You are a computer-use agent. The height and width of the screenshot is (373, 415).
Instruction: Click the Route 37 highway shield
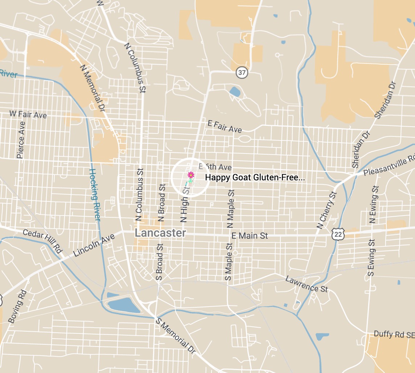pyautogui.click(x=242, y=73)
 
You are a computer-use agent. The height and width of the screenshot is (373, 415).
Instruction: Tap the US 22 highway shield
pyautogui.click(x=338, y=234)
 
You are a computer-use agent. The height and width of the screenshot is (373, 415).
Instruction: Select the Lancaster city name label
pyautogui.click(x=160, y=233)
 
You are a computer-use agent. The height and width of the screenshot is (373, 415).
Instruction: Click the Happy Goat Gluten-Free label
pyautogui.click(x=255, y=177)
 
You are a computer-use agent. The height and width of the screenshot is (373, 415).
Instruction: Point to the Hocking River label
pyautogui.click(x=95, y=195)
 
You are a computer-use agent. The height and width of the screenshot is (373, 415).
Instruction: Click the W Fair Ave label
pyautogui.click(x=28, y=114)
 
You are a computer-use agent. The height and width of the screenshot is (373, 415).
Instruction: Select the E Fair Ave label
pyautogui.click(x=225, y=126)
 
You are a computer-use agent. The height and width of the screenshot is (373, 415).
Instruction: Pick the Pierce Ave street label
pyautogui.click(x=21, y=140)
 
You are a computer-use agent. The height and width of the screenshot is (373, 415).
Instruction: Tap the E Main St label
pyautogui.click(x=250, y=236)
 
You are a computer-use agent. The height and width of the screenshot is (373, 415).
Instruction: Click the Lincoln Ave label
pyautogui.click(x=94, y=246)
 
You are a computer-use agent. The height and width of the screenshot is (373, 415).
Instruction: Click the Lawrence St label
pyautogui.click(x=307, y=284)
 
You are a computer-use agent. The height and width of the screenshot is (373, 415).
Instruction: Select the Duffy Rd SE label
pyautogui.click(x=394, y=334)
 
